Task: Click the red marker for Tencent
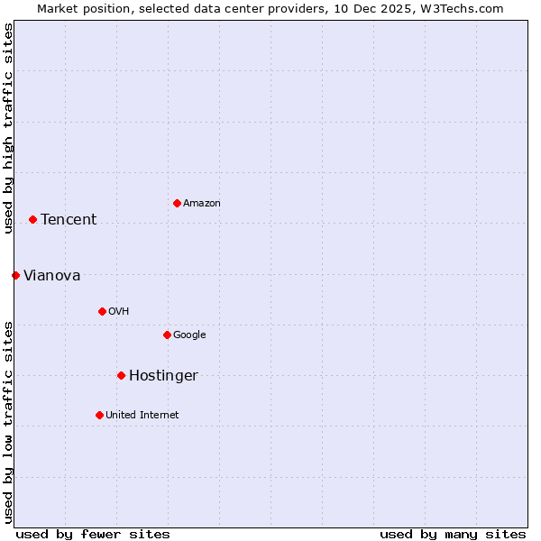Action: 32,219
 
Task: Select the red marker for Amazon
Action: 177,203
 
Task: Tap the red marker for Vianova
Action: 15,275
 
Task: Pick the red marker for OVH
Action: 102,311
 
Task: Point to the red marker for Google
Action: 167,335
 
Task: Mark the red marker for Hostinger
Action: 121,375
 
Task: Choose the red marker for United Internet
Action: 99,415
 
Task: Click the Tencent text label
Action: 69,220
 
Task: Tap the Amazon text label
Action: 202,204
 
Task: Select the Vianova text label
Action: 51,276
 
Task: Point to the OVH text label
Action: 119,312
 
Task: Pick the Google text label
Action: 189,335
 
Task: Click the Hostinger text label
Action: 163,376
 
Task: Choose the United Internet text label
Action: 142,416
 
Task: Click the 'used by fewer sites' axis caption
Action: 93,535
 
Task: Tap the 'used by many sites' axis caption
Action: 453,535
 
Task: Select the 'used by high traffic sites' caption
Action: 8,128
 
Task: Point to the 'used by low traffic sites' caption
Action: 8,421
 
